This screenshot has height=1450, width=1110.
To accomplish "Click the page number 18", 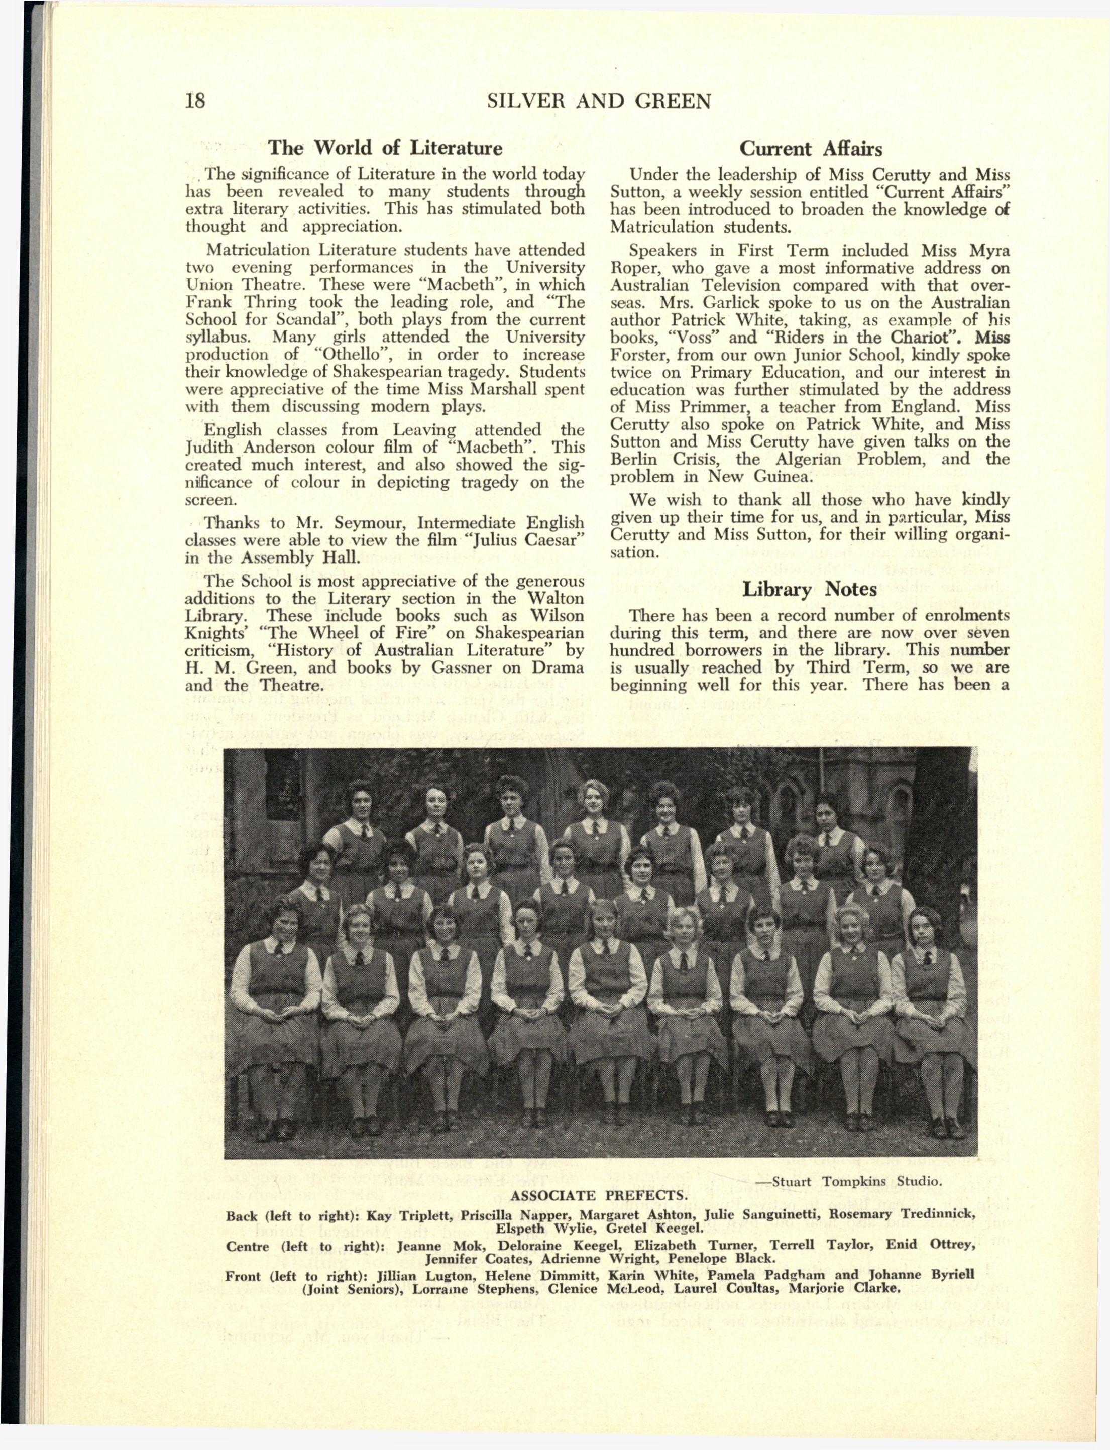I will point(195,101).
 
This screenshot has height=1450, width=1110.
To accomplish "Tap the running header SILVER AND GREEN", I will point(599,102).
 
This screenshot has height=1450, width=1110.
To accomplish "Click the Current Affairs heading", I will point(810,148).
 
